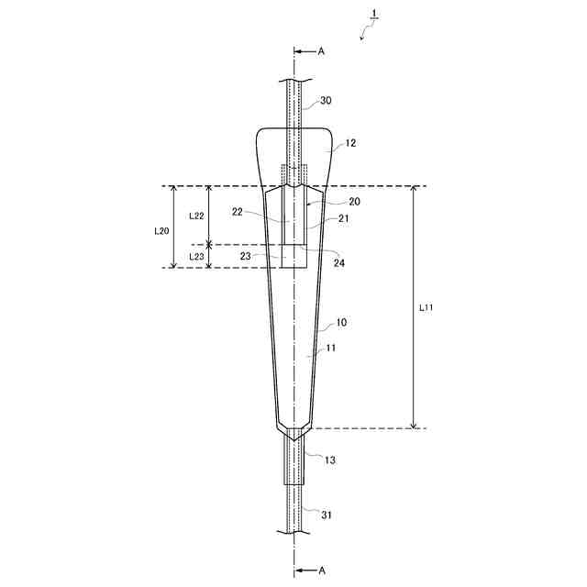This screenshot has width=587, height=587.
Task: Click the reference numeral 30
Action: [326, 100]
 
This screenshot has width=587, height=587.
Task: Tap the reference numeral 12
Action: [350, 143]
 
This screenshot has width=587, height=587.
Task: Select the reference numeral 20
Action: [354, 202]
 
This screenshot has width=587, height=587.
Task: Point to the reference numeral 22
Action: [238, 212]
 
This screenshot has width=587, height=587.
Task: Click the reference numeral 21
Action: [343, 218]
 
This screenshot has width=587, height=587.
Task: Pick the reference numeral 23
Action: [245, 257]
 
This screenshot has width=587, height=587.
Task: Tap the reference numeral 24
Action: [339, 263]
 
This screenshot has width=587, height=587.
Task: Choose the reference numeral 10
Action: [341, 322]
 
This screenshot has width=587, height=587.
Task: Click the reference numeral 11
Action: [331, 349]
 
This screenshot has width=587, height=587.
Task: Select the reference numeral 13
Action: [330, 460]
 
